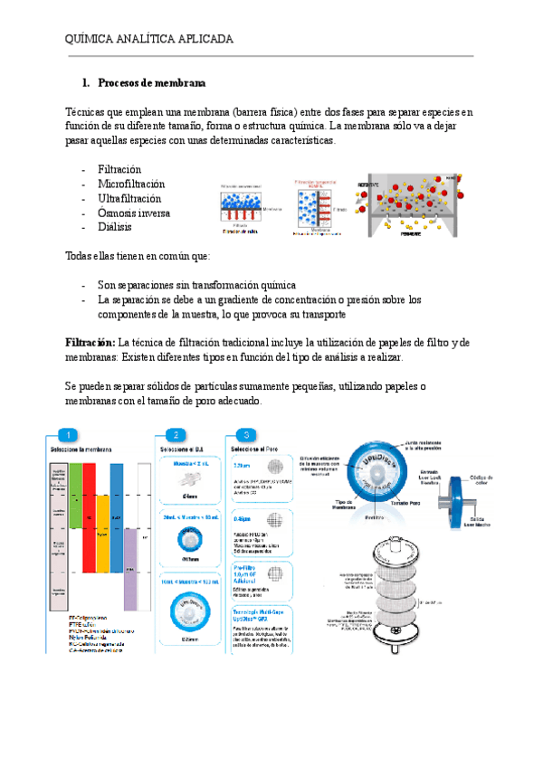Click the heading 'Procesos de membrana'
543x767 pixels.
(x=151, y=83)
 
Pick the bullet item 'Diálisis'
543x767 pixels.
(x=118, y=227)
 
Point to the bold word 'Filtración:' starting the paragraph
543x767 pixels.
(x=90, y=342)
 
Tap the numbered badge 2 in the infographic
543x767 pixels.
(x=177, y=434)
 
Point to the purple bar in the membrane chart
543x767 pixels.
(x=130, y=579)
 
